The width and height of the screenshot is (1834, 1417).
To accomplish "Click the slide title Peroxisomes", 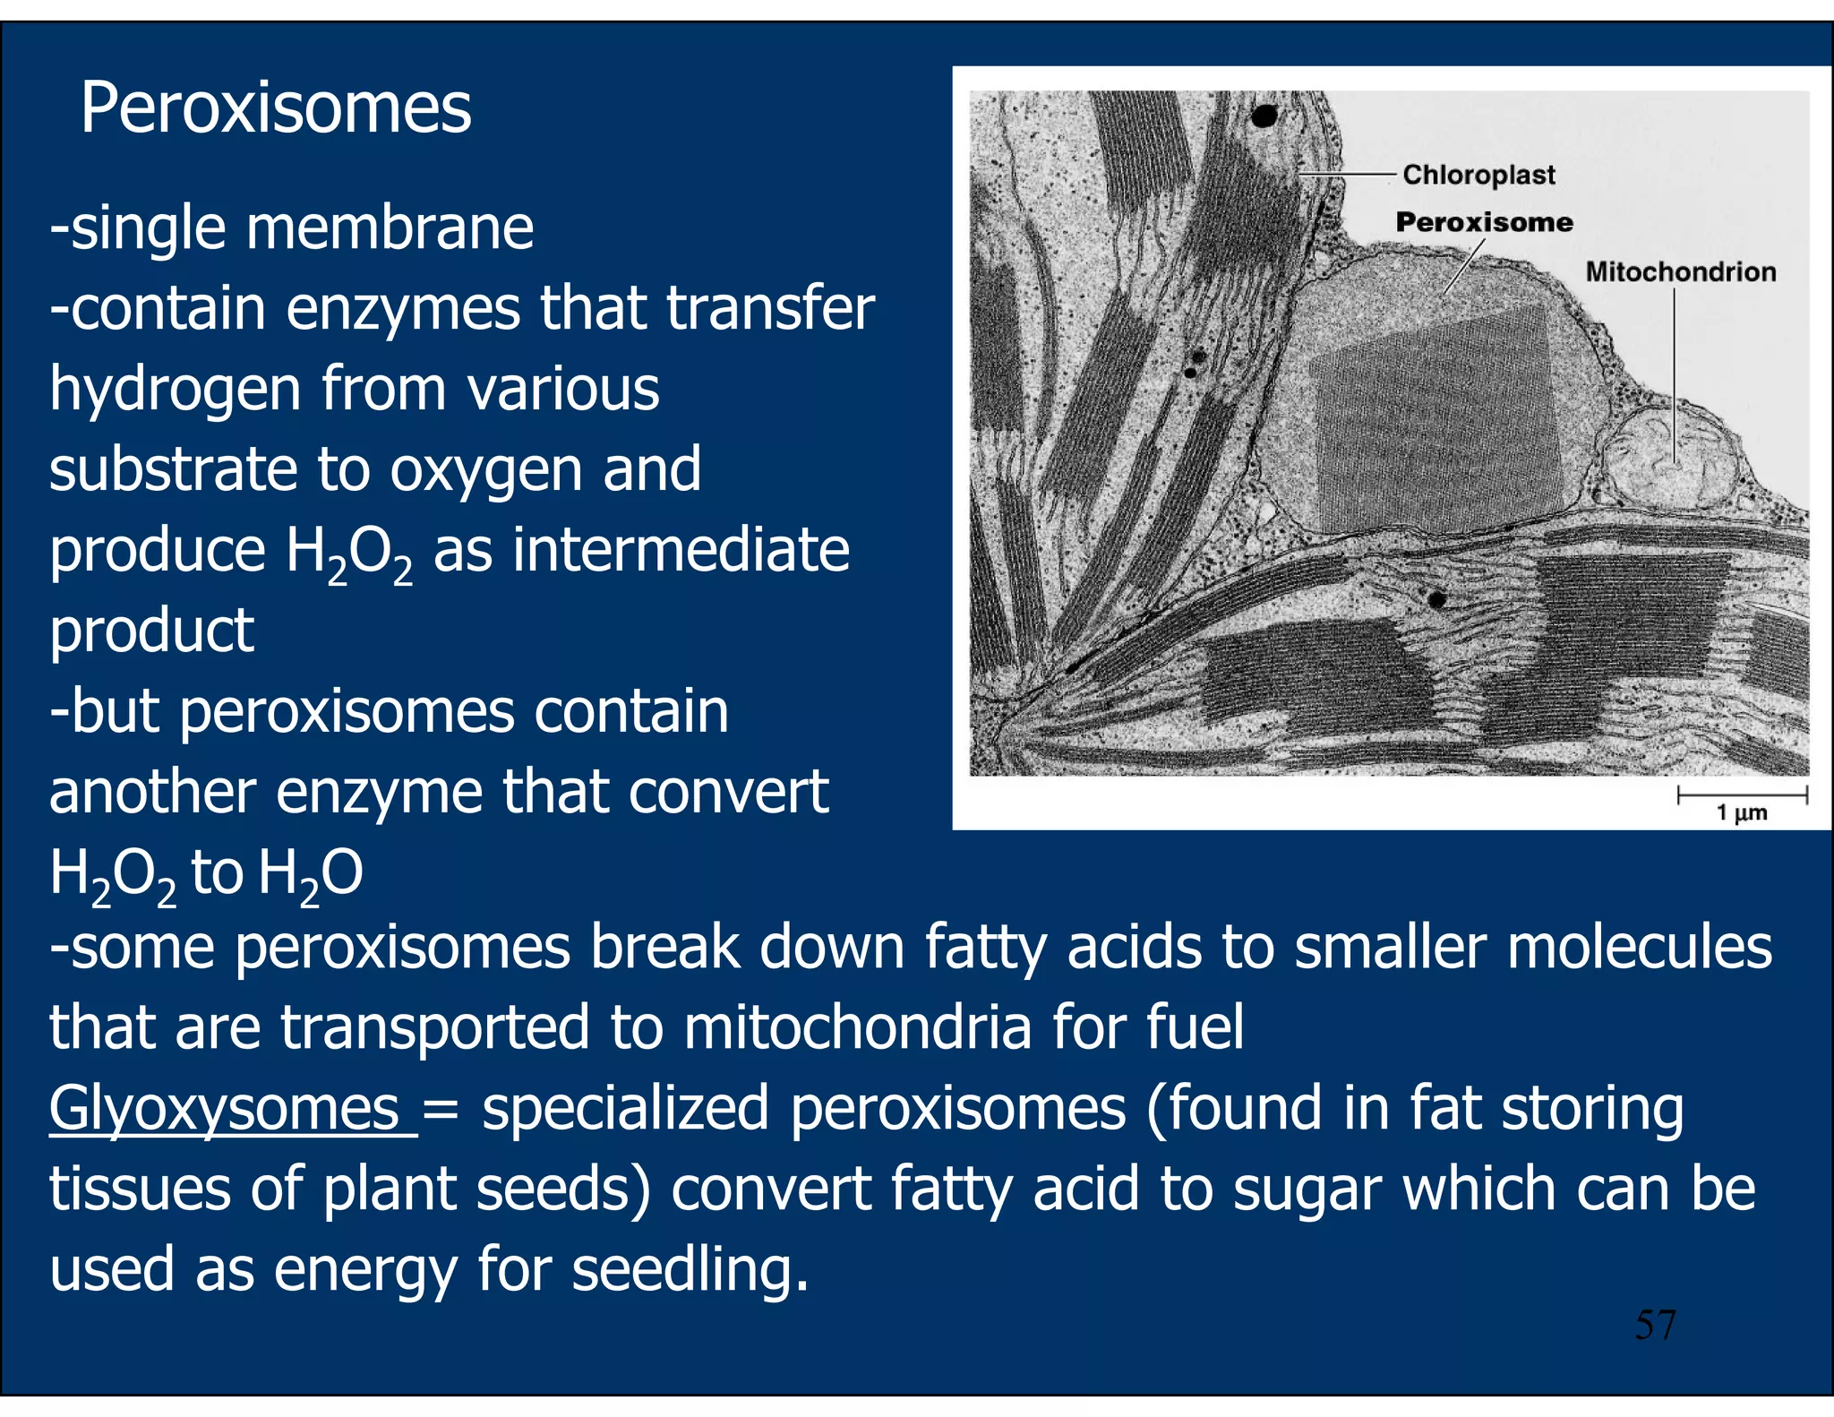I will [275, 107].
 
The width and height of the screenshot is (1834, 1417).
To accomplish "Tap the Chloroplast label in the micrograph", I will [1478, 175].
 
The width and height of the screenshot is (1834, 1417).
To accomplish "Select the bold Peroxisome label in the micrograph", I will [1484, 222].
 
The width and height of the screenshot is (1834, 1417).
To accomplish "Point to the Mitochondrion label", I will [1680, 271].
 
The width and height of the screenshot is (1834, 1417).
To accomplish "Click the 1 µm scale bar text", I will [1741, 812].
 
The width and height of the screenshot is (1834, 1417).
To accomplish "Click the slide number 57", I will [1655, 1325].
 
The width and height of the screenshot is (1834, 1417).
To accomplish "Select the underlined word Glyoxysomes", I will [224, 1108].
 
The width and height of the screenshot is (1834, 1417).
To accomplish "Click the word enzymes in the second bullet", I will [402, 308].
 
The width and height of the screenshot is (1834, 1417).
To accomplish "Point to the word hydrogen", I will [175, 390].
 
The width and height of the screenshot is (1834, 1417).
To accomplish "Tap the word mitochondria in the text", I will [857, 1026].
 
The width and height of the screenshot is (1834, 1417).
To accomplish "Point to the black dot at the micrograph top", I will [1264, 116].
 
